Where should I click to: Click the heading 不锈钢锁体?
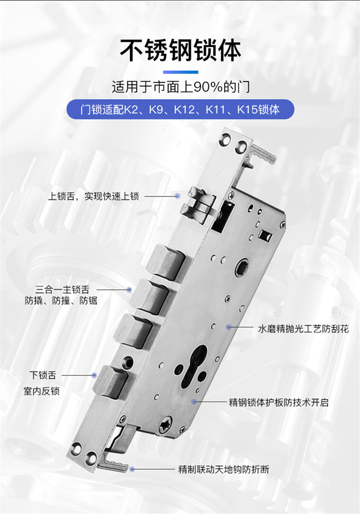point(180,50)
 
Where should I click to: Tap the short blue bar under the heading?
point(181,72)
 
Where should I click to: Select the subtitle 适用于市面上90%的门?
point(181,87)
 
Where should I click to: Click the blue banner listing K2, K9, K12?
point(180,109)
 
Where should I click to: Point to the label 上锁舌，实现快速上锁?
point(94,196)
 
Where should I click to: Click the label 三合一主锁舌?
point(62,289)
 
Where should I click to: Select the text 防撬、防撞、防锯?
point(61,301)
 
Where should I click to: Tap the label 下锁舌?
point(43,375)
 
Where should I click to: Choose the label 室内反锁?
point(41,391)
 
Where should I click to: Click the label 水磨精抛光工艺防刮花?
point(303,329)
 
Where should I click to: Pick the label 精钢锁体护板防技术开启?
point(278,402)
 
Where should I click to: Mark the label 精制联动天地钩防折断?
point(224,469)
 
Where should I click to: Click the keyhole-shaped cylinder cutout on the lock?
point(192,368)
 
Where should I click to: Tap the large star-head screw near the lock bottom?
point(166,425)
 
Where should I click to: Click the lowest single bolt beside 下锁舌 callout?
point(110,381)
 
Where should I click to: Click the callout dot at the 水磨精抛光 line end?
point(228,327)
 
